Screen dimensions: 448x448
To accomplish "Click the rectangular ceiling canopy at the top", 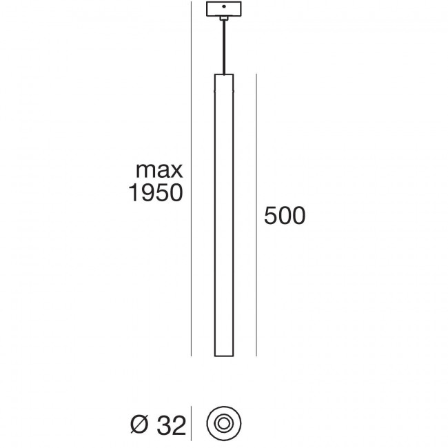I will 224,10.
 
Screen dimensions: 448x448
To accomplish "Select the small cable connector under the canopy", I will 224,20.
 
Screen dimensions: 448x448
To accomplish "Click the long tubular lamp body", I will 224,214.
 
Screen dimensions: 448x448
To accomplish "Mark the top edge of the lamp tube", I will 224,73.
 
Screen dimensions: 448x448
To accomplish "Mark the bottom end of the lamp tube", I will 224,356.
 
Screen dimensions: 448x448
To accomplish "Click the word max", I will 158,170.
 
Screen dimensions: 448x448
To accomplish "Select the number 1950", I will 156,194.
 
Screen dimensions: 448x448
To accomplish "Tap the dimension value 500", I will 284,216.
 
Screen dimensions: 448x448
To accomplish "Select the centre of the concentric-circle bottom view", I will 224,422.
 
